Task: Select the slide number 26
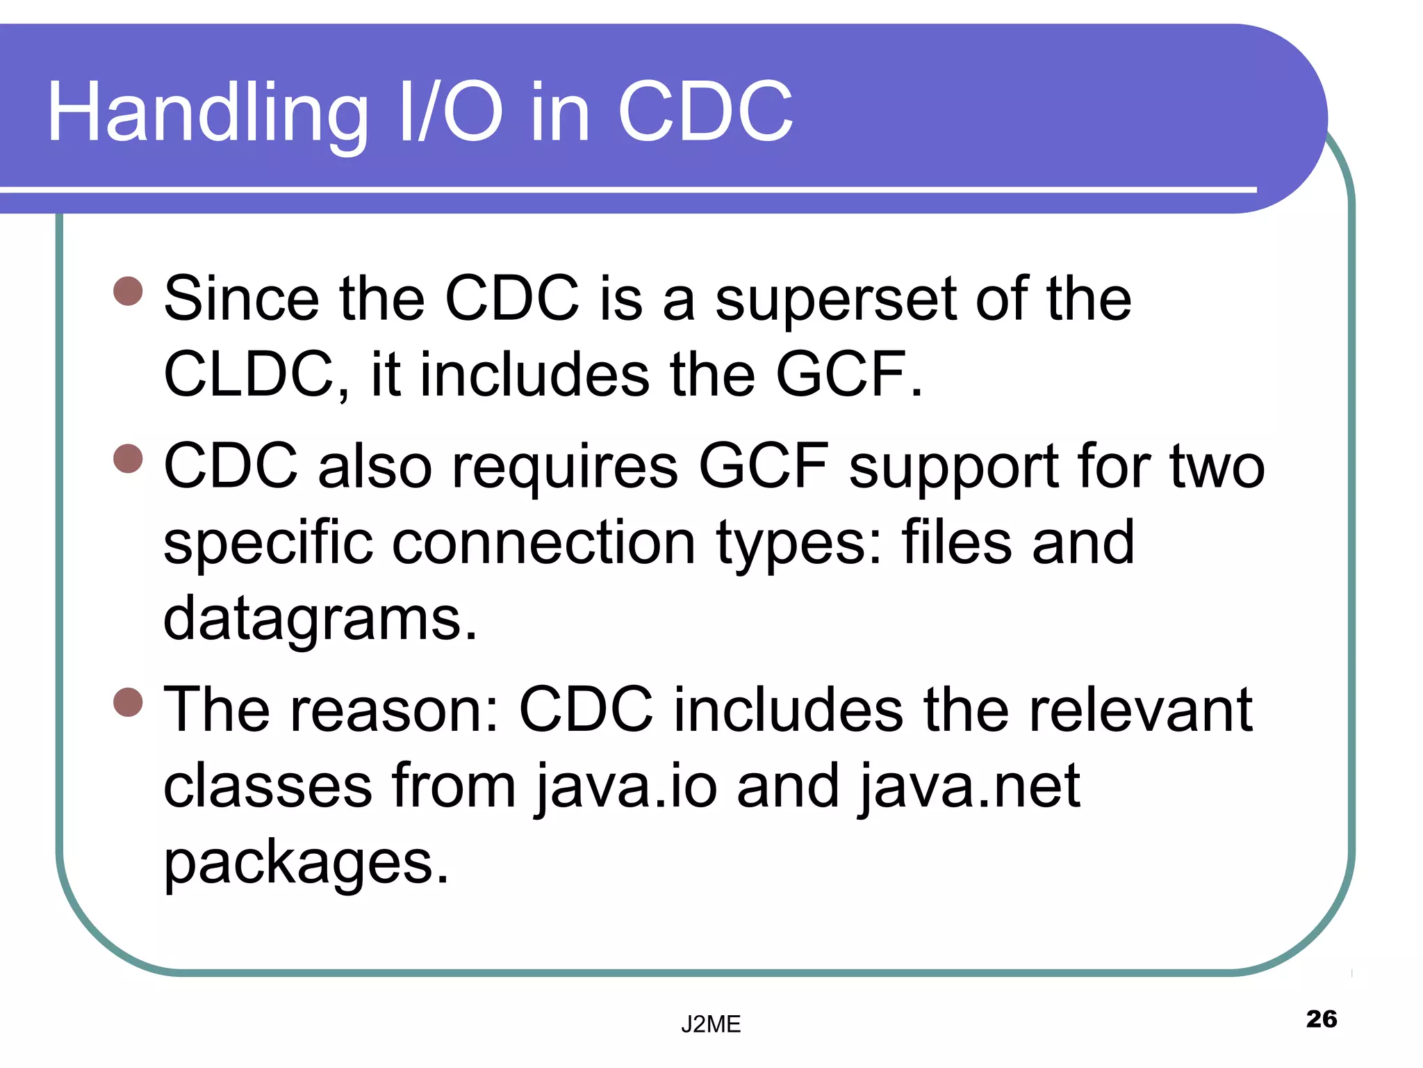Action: click(1321, 1019)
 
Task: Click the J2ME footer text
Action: click(711, 1024)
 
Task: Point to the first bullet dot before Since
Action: click(128, 291)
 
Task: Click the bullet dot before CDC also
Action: click(128, 459)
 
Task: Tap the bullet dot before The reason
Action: click(128, 702)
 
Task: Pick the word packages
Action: click(306, 862)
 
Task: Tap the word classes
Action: click(268, 786)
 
